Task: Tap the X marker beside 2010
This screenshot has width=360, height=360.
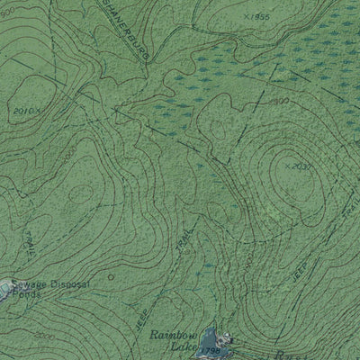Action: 42,108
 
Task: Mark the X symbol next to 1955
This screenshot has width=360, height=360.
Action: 246,16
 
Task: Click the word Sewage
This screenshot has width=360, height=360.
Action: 30,281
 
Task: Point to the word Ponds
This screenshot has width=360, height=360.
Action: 27,293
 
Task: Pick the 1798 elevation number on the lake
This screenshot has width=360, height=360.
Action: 211,351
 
